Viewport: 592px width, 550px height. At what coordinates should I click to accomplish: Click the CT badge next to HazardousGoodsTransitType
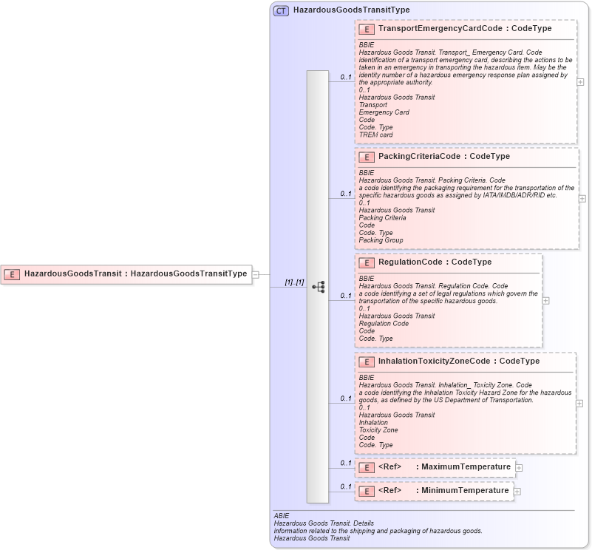tap(281, 10)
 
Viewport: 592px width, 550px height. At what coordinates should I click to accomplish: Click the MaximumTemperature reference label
tap(466, 467)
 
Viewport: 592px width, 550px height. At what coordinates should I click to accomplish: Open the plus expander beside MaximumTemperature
tap(520, 467)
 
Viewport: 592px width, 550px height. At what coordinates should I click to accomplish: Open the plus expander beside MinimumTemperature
tap(517, 491)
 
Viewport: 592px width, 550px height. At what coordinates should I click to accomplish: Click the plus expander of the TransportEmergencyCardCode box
tap(580, 82)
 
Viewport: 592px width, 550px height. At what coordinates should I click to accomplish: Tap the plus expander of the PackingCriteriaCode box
tap(582, 198)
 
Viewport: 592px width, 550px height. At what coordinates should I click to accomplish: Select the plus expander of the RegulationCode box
tap(546, 301)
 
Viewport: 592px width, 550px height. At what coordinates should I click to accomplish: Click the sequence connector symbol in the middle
tap(319, 286)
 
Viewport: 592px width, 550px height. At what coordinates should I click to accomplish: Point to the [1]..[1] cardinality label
tap(294, 282)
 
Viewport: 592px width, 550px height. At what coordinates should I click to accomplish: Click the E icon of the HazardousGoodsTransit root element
tap(12, 274)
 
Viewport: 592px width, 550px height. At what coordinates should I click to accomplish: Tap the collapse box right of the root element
tap(255, 274)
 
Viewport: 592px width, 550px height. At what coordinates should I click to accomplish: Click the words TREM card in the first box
tap(375, 135)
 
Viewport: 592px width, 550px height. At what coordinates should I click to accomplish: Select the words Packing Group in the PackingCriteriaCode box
tap(381, 240)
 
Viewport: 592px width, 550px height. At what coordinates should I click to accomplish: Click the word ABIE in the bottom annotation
tap(282, 516)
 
